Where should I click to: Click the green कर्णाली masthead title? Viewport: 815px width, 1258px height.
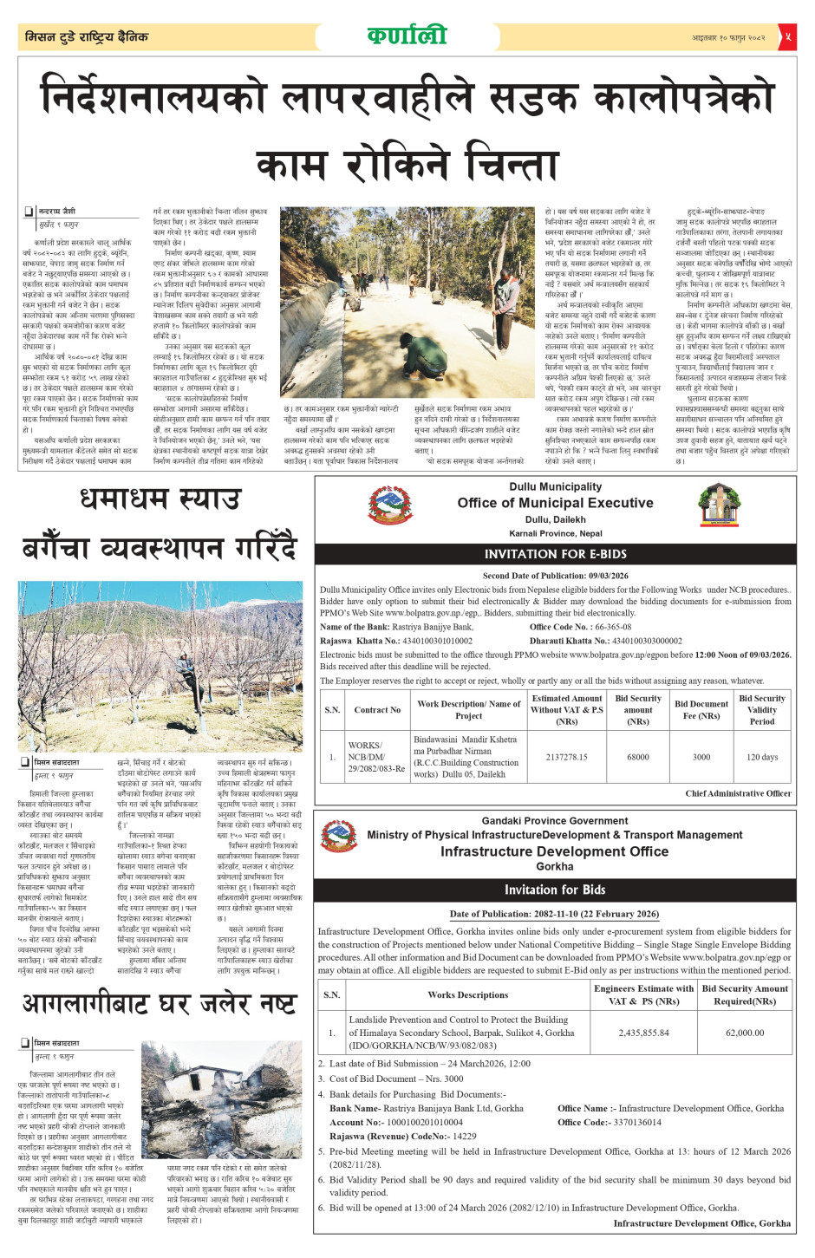(x=407, y=36)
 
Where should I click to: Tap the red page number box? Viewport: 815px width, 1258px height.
(x=787, y=36)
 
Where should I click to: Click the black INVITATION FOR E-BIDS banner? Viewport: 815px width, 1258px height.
(x=555, y=553)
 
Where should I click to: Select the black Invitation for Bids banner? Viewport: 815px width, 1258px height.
(x=555, y=890)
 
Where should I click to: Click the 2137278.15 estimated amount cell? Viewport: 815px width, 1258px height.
(x=566, y=757)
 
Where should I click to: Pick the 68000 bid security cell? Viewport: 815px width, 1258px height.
(x=638, y=757)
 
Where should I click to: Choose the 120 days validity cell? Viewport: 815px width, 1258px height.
(x=762, y=757)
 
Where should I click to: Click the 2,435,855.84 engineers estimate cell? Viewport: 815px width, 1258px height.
(x=643, y=1033)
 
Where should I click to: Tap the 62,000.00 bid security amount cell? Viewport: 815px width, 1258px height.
(x=745, y=1033)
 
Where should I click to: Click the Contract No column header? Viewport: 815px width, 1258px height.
(x=377, y=709)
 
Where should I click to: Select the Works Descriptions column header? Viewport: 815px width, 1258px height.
(x=467, y=994)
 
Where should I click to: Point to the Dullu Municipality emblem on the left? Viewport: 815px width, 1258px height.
(x=391, y=505)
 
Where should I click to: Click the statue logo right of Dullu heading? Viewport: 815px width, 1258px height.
(x=719, y=505)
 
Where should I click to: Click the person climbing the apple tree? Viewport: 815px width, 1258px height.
(x=184, y=672)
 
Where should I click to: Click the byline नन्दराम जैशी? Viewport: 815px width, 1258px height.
(x=57, y=211)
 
